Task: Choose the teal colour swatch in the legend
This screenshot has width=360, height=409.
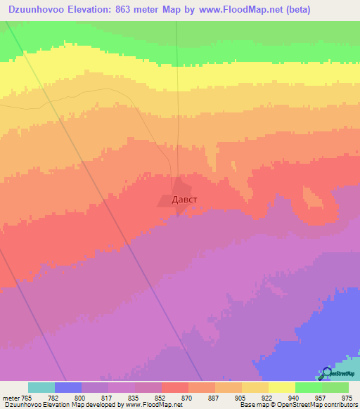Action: pos(41,387)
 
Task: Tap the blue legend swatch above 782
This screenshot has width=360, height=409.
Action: pos(68,387)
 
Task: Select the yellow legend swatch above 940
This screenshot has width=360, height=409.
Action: pos(281,387)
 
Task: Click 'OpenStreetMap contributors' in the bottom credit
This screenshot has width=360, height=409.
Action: pos(323,405)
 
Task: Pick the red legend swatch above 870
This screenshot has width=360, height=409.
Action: pos(175,387)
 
